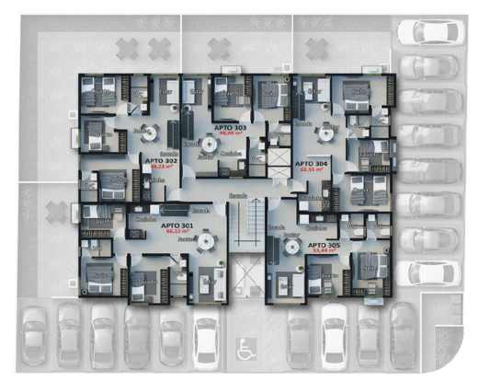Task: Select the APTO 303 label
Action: (x=228, y=126)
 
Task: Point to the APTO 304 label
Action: (x=311, y=162)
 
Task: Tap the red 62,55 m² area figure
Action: (x=311, y=168)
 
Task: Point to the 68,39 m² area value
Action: (x=228, y=133)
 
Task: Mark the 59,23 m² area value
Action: (x=160, y=168)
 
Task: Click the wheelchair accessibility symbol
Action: (x=245, y=349)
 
